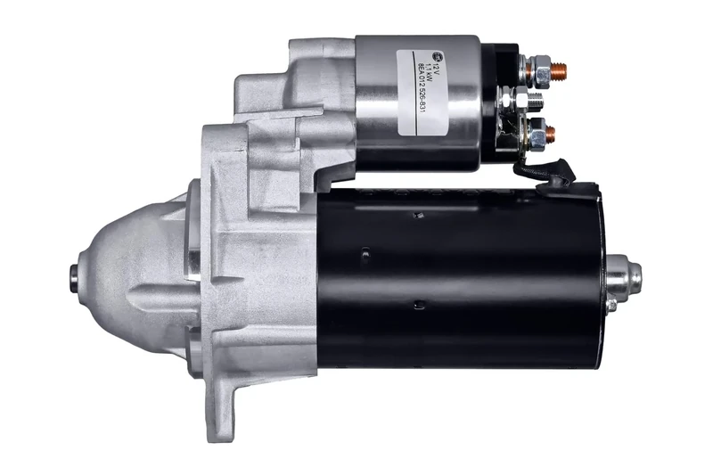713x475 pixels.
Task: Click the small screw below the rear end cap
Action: tap(611, 305)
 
